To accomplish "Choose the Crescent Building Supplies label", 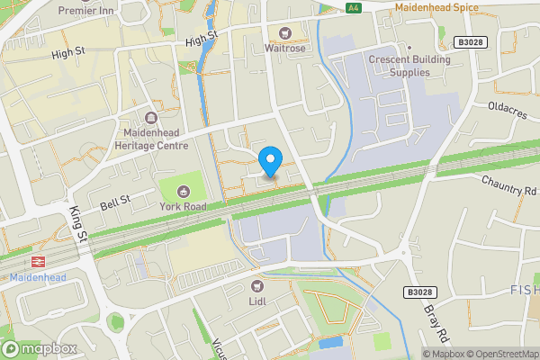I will (x=409, y=66).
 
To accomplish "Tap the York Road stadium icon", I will (x=184, y=191).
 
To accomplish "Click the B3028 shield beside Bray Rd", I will (x=418, y=292).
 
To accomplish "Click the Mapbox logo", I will (x=40, y=348).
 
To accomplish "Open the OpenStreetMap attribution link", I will (x=507, y=354).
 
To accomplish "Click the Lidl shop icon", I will (x=256, y=287).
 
